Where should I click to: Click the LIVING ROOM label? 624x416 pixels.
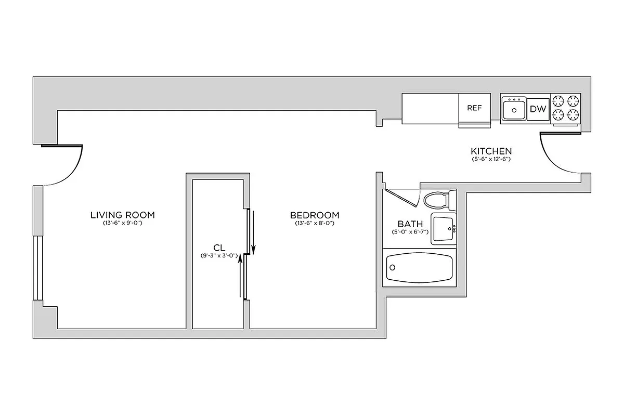[123, 215]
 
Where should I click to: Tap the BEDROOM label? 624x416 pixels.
[315, 215]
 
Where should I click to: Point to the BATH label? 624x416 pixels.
[410, 224]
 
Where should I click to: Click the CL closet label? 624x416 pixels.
[219, 248]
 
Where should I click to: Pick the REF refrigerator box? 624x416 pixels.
[474, 108]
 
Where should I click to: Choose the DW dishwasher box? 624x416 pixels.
[538, 109]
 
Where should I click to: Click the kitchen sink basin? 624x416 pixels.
[514, 110]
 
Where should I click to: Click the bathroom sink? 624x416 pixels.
[444, 228]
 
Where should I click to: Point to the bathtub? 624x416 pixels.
[419, 267]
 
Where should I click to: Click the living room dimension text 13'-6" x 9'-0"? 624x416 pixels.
[123, 223]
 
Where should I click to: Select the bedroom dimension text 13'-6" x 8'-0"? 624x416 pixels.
[315, 223]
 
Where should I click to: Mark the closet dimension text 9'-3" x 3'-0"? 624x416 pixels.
[219, 255]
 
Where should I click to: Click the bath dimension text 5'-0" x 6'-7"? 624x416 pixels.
[410, 232]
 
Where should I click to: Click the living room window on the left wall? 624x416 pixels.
[37, 268]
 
